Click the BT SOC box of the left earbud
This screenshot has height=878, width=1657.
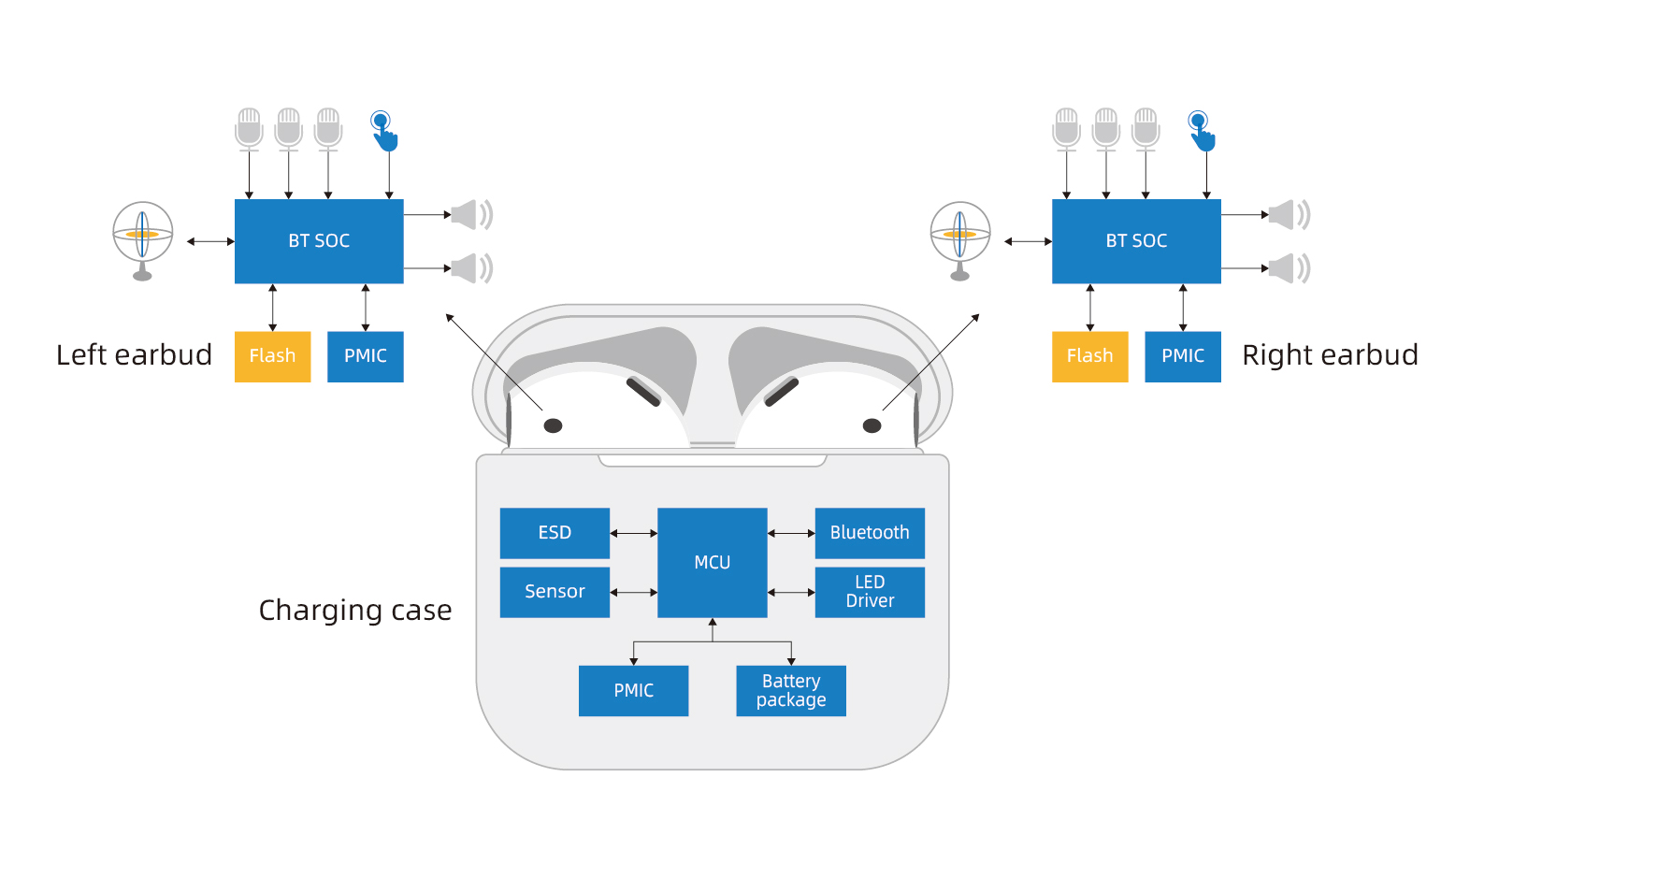319,241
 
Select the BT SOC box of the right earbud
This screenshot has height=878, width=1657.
1136,241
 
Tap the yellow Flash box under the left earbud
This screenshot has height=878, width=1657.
272,356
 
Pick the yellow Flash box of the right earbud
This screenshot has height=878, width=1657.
1089,356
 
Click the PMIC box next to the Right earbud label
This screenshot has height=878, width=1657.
1183,356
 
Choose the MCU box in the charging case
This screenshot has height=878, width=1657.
713,562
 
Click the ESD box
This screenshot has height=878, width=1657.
555,533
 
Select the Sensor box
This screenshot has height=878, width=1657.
555,592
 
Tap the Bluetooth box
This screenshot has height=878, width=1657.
870,533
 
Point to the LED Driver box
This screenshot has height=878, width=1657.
870,592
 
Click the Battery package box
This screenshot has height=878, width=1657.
791,691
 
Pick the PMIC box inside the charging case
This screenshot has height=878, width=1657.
633,691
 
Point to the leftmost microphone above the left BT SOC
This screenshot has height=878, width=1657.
249,128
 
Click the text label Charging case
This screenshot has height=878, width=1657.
355,611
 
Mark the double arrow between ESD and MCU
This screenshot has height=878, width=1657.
634,533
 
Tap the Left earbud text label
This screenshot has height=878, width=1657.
134,355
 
